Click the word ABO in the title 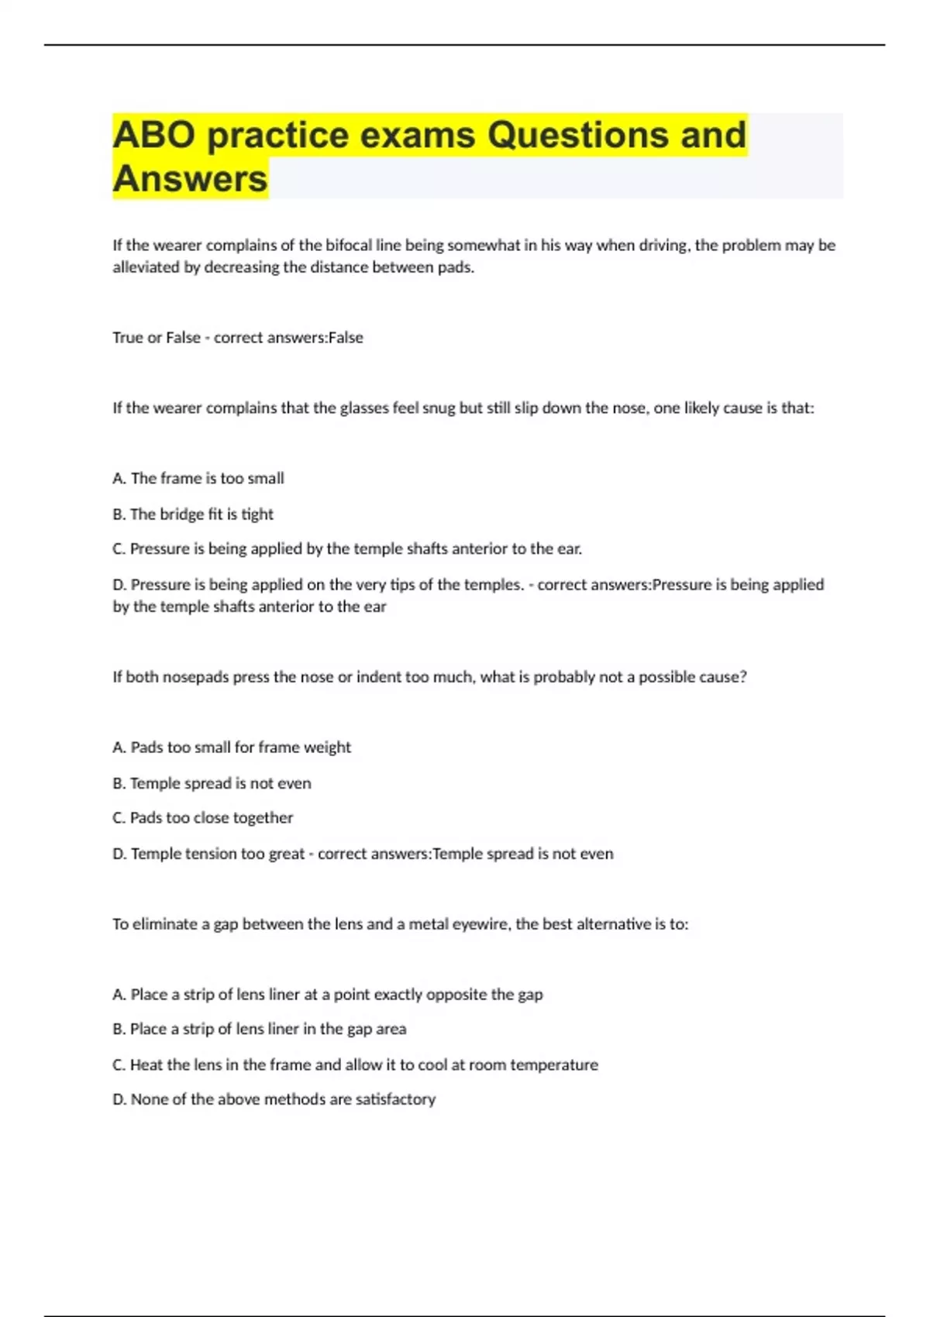click(153, 135)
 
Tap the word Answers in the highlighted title click(190, 179)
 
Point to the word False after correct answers click(346, 338)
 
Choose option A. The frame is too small click(198, 479)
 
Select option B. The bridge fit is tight click(193, 514)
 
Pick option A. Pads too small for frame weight click(232, 748)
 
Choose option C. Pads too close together click(203, 818)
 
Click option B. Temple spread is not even click(212, 783)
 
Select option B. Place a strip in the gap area click(260, 1029)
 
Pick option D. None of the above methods click(274, 1099)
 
